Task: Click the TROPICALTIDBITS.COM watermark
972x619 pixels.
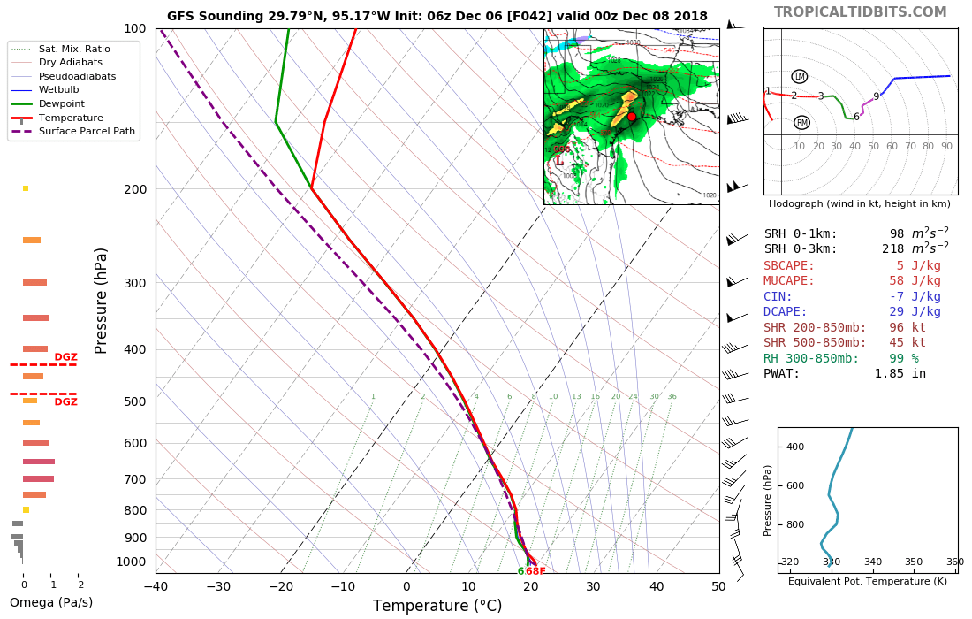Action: coord(860,11)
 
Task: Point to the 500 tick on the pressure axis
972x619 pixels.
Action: coord(134,401)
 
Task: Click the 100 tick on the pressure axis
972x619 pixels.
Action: coord(134,29)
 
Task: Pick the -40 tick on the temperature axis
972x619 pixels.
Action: coord(156,585)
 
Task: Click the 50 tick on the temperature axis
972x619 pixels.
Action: coord(718,585)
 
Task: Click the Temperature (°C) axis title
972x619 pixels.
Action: coord(437,606)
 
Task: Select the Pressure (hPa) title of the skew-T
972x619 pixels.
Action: coord(102,301)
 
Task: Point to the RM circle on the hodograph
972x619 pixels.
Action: coord(801,123)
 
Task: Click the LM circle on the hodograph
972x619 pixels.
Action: coord(800,77)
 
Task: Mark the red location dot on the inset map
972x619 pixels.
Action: coord(632,117)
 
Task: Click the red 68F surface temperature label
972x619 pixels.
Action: coord(535,571)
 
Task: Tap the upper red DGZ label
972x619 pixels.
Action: coord(65,357)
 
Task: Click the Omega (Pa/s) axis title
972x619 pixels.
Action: coord(51,603)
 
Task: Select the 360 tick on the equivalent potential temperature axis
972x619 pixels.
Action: coord(954,562)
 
